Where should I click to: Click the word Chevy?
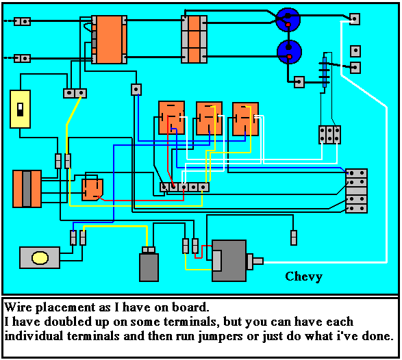tap(303, 277)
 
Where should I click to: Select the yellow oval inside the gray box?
tap(40, 258)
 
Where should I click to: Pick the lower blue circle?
tap(288, 51)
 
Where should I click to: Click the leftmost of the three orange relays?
tap(171, 118)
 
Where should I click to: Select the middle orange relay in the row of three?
tap(209, 118)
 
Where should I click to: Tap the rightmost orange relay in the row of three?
tap(244, 118)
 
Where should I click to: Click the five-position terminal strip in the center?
tap(184, 186)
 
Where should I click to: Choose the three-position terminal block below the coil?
tap(330, 134)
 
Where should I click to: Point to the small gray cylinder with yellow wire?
tap(149, 266)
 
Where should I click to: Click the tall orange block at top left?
tap(109, 40)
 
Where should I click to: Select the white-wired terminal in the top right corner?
tap(354, 19)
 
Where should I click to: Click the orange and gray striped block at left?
tap(27, 188)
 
